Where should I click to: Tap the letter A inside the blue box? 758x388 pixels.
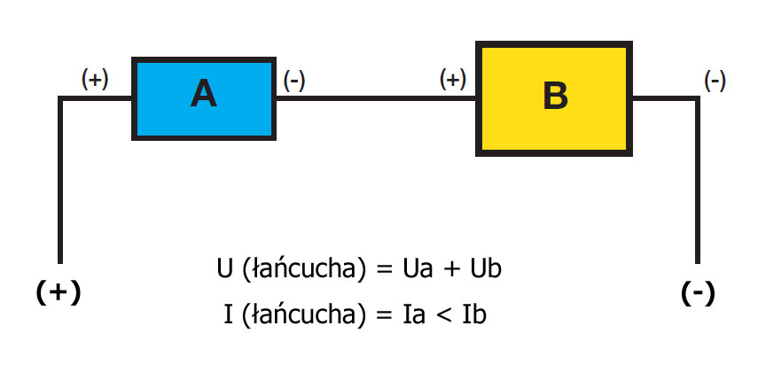tap(203, 94)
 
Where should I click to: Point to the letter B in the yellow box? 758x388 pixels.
tap(555, 96)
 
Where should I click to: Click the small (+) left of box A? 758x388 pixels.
tap(95, 79)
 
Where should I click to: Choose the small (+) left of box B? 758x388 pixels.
tap(453, 79)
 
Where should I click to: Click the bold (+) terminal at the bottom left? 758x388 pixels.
tap(59, 292)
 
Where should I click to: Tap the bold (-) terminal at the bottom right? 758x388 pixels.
tap(698, 293)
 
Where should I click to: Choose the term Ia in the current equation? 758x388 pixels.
tap(415, 314)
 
